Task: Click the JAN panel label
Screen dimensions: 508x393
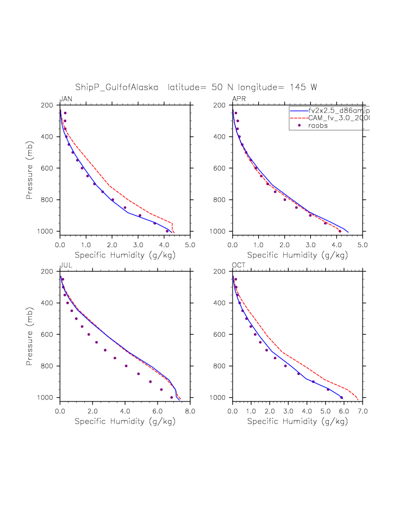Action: (66, 98)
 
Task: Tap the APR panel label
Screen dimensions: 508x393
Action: (239, 98)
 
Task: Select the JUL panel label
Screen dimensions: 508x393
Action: (65, 265)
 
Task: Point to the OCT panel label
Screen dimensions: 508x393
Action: (239, 265)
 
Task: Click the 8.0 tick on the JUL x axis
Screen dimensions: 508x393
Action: (190, 411)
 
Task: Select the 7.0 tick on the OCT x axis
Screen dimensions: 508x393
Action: (362, 411)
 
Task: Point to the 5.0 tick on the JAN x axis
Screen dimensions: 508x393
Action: (190, 245)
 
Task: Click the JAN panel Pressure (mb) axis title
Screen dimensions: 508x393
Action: (30, 168)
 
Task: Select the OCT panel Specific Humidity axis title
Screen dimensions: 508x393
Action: (297, 421)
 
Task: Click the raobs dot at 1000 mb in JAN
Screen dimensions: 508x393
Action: (167, 231)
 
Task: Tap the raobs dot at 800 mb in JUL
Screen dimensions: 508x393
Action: (126, 366)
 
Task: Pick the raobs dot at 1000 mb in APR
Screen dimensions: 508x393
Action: (340, 231)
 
